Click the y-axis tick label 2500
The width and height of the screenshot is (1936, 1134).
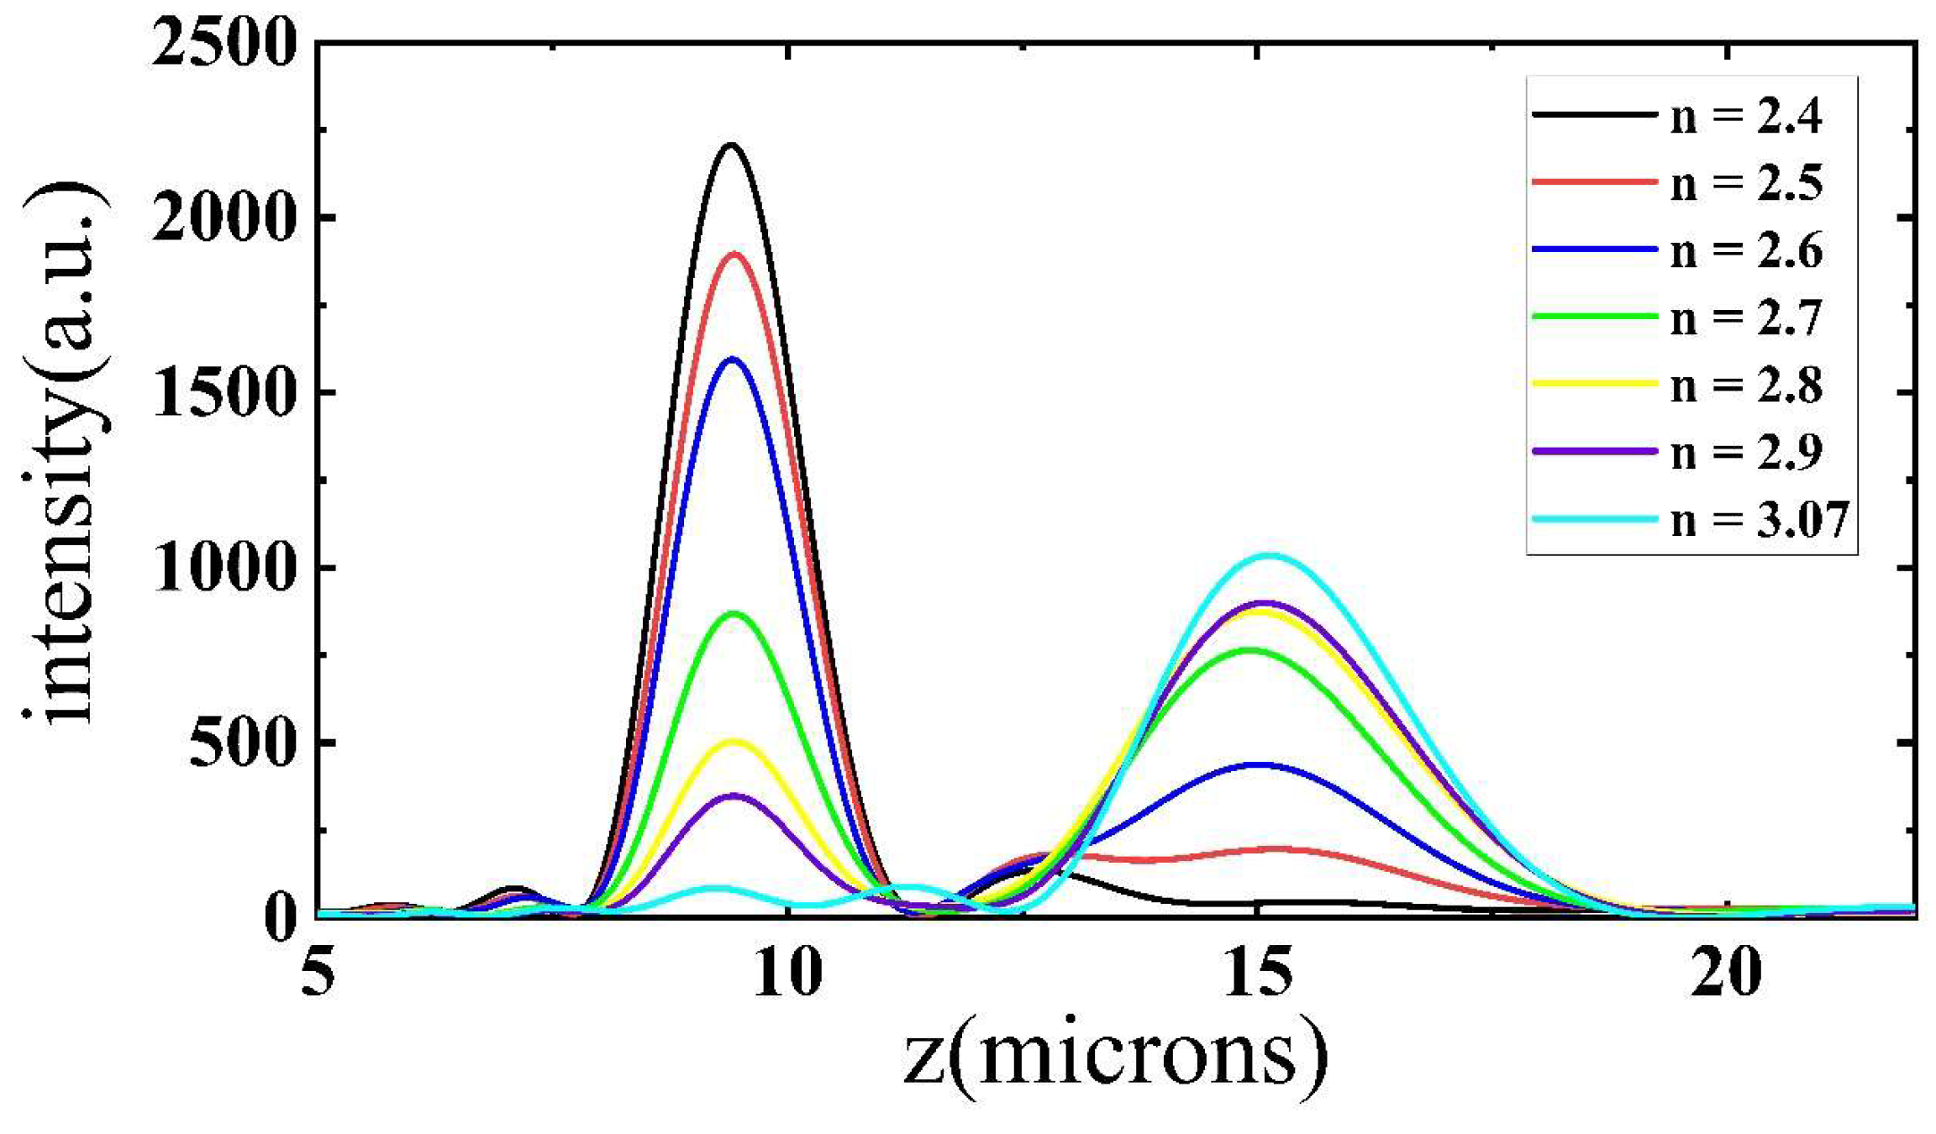click(224, 44)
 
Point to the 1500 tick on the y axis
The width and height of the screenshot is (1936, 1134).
click(224, 394)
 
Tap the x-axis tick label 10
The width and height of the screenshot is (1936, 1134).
click(787, 974)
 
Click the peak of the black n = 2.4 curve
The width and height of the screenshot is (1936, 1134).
click(730, 144)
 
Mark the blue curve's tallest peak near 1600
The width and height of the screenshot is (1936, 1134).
click(733, 359)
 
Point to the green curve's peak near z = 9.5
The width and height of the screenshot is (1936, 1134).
click(734, 613)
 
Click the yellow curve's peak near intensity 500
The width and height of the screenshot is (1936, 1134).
click(734, 741)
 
